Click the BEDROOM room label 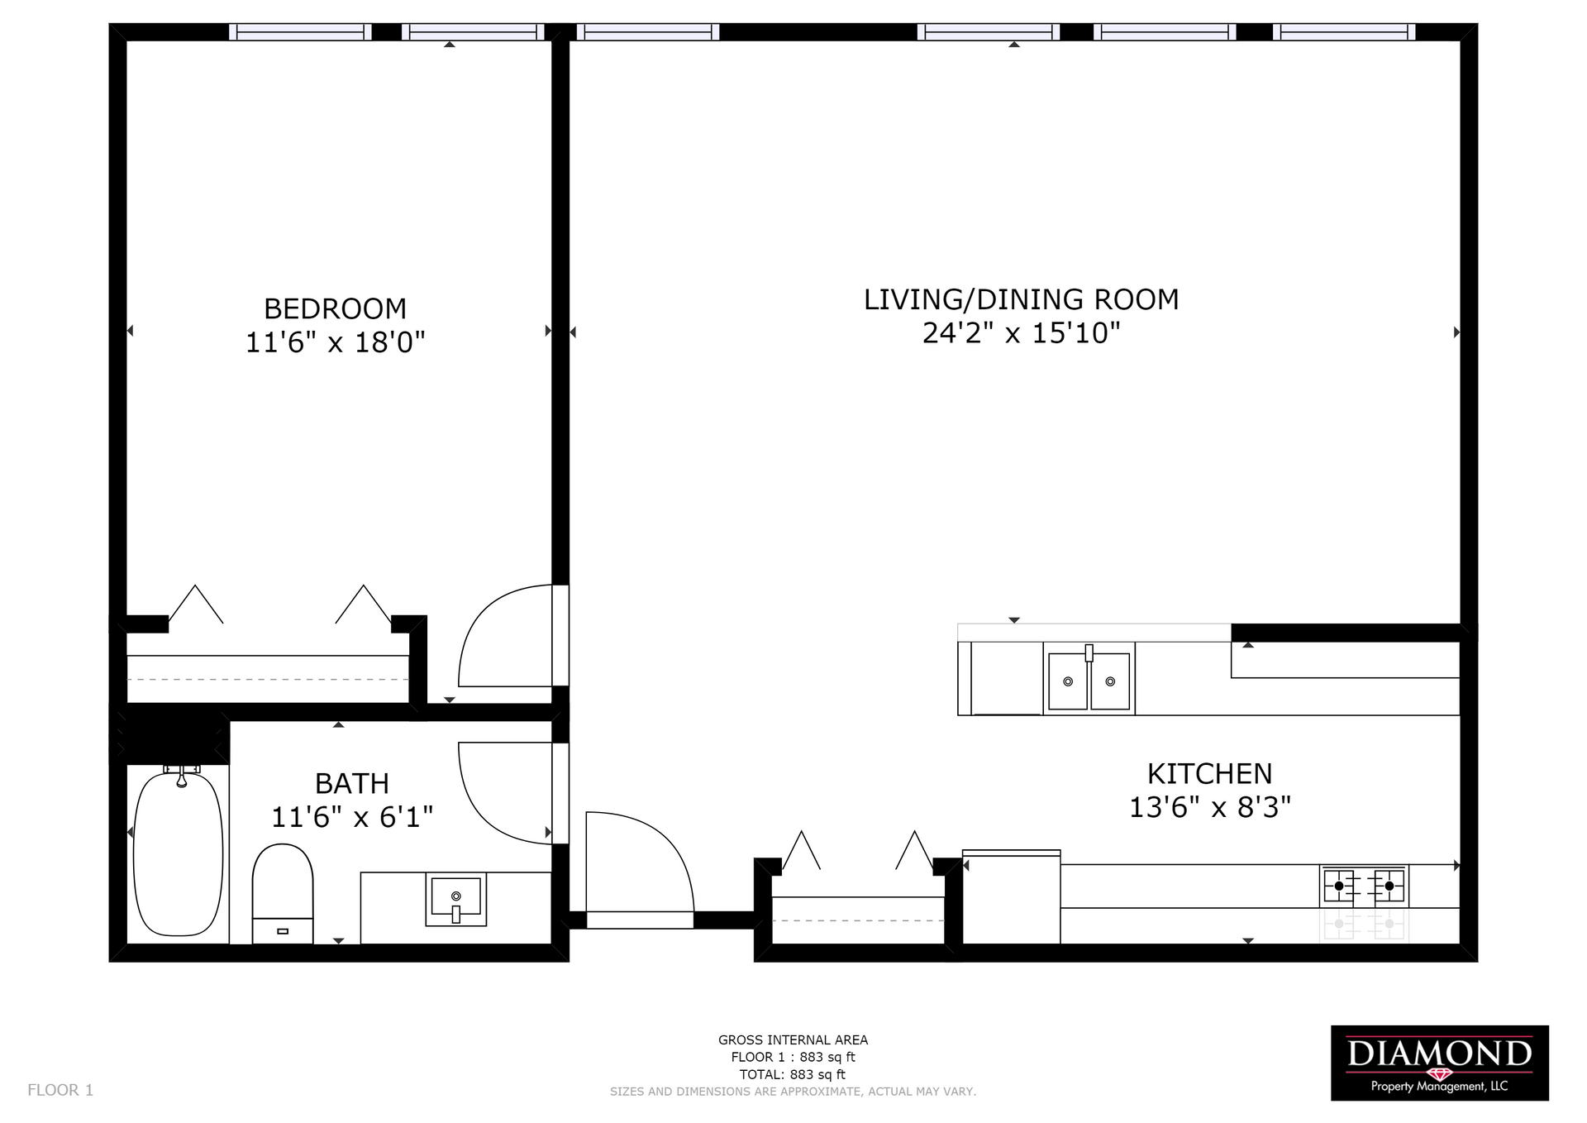(x=335, y=308)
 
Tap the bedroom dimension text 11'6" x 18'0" (x=335, y=342)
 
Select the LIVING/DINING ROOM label (x=1021, y=299)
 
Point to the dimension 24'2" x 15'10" (x=1021, y=332)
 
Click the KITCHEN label (x=1209, y=774)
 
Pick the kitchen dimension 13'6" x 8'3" (x=1209, y=807)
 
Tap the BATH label (x=351, y=783)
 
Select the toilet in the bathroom (x=283, y=894)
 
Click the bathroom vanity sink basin (x=455, y=900)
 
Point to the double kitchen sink (x=1089, y=680)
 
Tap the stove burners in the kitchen (x=1364, y=886)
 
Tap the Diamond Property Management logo (x=1439, y=1063)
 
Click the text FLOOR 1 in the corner (x=60, y=1090)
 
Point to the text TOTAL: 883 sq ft (x=793, y=1074)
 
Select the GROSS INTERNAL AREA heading (x=793, y=1039)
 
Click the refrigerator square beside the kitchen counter (x=1012, y=897)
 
